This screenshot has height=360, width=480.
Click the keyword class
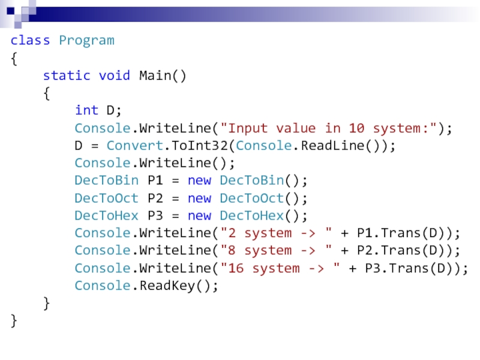[30, 41]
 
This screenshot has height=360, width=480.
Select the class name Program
[86, 41]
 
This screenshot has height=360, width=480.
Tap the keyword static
[66, 76]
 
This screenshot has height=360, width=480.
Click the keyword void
[115, 76]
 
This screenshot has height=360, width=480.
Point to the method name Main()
[163, 76]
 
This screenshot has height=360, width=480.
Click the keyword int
[86, 110]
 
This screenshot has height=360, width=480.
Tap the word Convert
[127, 146]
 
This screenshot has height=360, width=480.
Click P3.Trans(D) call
[413, 268]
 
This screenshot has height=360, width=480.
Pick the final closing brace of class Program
[14, 320]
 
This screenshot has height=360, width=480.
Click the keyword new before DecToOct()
[199, 198]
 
